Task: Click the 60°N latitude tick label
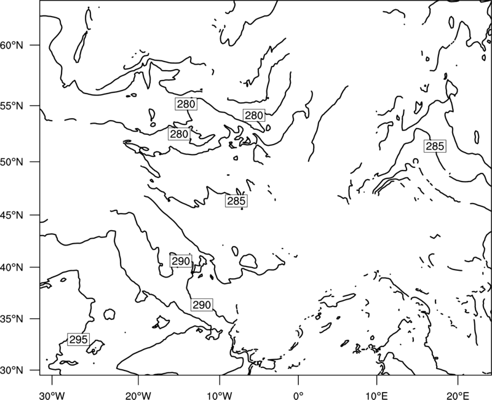pyautogui.click(x=12, y=46)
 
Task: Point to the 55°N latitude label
pyautogui.click(x=12, y=106)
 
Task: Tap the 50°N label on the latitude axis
pyautogui.click(x=12, y=162)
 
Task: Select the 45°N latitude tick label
pyautogui.click(x=12, y=215)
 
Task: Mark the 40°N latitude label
pyautogui.click(x=12, y=268)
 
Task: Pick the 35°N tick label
pyautogui.click(x=12, y=319)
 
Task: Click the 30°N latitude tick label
pyautogui.click(x=12, y=370)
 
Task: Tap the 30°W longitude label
pyautogui.click(x=52, y=396)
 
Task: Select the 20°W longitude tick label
pyautogui.click(x=138, y=396)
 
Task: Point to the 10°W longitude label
pyautogui.click(x=220, y=396)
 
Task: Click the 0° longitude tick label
pyautogui.click(x=298, y=396)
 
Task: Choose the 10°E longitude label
pyautogui.click(x=376, y=396)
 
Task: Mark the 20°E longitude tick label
pyautogui.click(x=458, y=396)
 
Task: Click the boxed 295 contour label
pyautogui.click(x=79, y=340)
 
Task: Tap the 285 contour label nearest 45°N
pyautogui.click(x=236, y=201)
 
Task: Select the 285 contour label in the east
pyautogui.click(x=435, y=146)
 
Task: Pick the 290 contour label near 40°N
pyautogui.click(x=181, y=261)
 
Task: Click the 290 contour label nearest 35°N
pyautogui.click(x=202, y=305)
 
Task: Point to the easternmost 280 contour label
pyautogui.click(x=254, y=116)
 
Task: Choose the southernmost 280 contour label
pyautogui.click(x=179, y=134)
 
